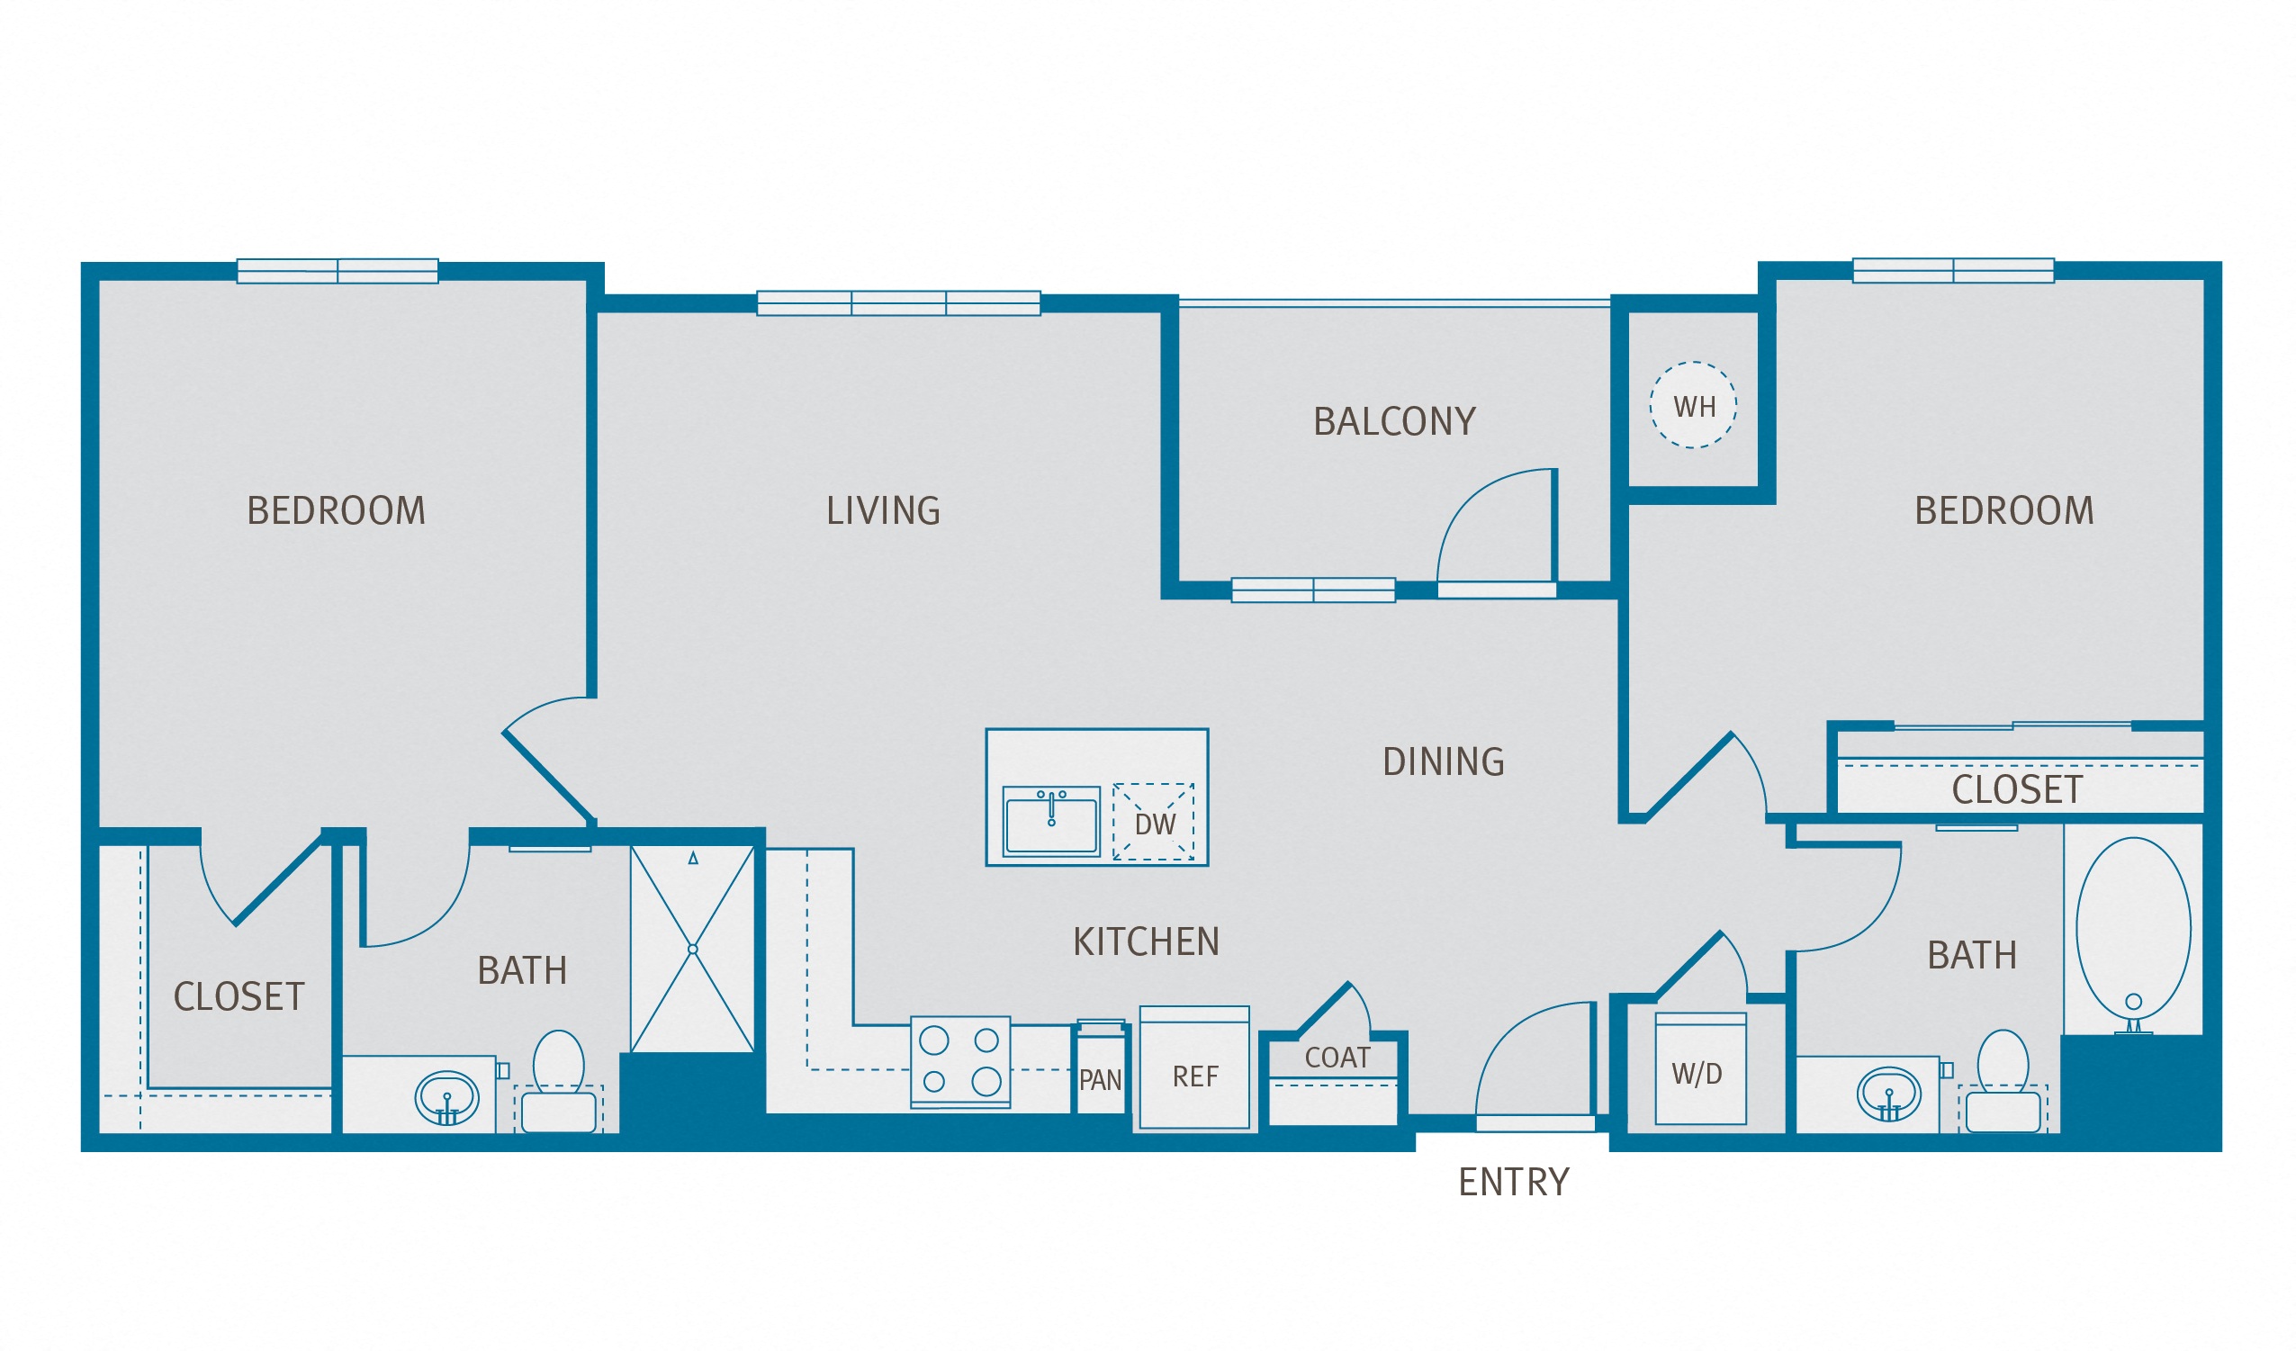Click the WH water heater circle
(x=1693, y=405)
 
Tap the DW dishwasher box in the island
(x=1154, y=822)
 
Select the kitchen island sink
(x=1050, y=822)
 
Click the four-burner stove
(x=960, y=1061)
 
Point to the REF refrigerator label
(x=1194, y=1076)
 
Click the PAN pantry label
(x=1100, y=1080)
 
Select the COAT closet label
(x=1337, y=1058)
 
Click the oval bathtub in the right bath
(x=2133, y=928)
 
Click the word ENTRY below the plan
(x=1513, y=1183)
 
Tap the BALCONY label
(x=1394, y=422)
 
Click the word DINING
(x=1443, y=761)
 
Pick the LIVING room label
(x=883, y=510)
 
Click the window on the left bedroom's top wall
(x=338, y=271)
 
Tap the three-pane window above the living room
(x=898, y=302)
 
